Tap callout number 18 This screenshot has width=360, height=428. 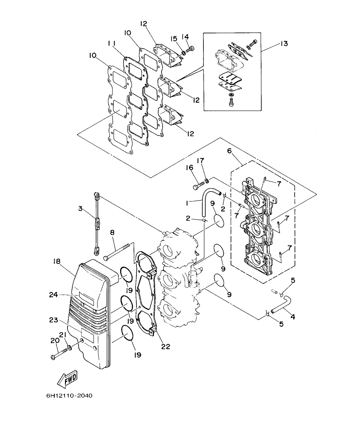[x=56, y=261]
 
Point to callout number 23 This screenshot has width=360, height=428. [x=53, y=319]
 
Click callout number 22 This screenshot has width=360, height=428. [x=165, y=347]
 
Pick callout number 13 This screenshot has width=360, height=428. [x=284, y=44]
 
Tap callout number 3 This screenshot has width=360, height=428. [x=80, y=209]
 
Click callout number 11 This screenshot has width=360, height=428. [x=112, y=43]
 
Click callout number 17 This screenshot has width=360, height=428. [x=200, y=161]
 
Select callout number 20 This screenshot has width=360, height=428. [x=54, y=341]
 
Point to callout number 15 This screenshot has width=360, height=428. [x=174, y=39]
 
